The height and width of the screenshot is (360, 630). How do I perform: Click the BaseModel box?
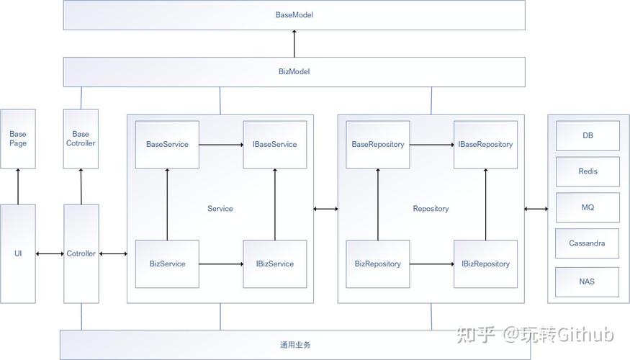click(x=294, y=15)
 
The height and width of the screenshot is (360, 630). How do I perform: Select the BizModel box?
click(x=294, y=72)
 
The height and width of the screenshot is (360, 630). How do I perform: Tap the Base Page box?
click(x=18, y=139)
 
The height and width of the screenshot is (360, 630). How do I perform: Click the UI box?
click(x=18, y=253)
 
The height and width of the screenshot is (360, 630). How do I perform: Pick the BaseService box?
click(x=167, y=145)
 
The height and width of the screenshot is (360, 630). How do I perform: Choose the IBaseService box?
click(x=274, y=145)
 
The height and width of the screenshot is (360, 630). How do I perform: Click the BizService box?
click(x=167, y=264)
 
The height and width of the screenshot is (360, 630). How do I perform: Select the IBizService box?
click(x=274, y=264)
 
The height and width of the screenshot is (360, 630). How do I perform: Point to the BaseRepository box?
click(x=378, y=145)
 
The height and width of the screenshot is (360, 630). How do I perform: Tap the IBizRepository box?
click(x=485, y=264)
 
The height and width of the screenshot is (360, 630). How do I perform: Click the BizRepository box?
click(x=378, y=264)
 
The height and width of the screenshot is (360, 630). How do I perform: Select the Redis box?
click(x=588, y=172)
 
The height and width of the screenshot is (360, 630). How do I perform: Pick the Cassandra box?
click(x=588, y=243)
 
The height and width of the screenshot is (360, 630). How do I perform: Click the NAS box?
click(x=588, y=282)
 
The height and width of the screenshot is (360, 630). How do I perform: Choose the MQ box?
click(x=588, y=208)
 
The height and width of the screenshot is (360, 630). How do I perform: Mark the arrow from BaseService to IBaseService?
click(x=221, y=145)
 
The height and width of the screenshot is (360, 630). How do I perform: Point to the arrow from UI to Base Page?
click(x=18, y=186)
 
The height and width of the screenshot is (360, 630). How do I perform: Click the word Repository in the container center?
click(x=431, y=209)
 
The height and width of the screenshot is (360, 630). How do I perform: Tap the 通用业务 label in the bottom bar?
click(x=295, y=345)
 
